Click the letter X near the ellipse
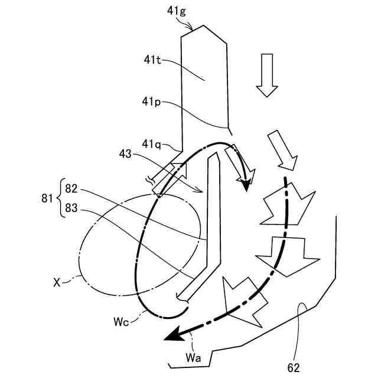(x=57, y=283)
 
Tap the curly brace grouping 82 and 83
(x=60, y=198)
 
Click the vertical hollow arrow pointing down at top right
(x=266, y=74)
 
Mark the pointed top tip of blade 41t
(x=204, y=26)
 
